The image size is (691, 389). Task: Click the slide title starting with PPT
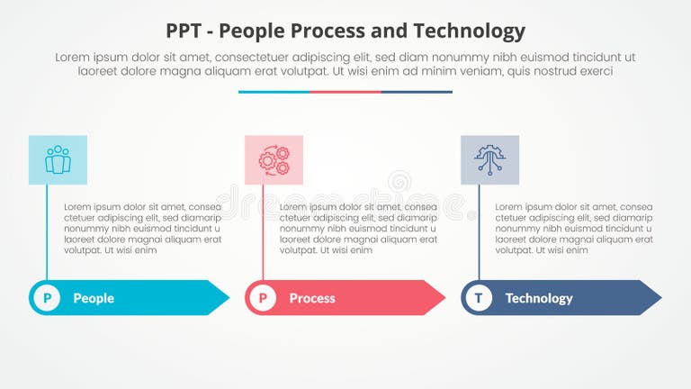point(345,31)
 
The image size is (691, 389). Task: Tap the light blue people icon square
point(58,160)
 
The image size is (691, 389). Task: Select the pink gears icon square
point(274,160)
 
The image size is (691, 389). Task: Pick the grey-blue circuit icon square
point(489,160)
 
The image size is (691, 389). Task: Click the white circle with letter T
point(479,298)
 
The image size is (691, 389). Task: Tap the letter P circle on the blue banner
point(47,298)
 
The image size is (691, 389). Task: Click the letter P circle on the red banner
point(263,298)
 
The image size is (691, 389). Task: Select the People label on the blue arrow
point(94,298)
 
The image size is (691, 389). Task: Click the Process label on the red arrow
point(312,298)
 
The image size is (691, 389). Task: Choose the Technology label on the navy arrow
point(538,298)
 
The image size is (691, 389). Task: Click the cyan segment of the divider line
point(274,91)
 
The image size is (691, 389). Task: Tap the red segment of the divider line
point(345,91)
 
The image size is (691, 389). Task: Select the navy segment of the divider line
point(417,91)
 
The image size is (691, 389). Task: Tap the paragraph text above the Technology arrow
point(574,229)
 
